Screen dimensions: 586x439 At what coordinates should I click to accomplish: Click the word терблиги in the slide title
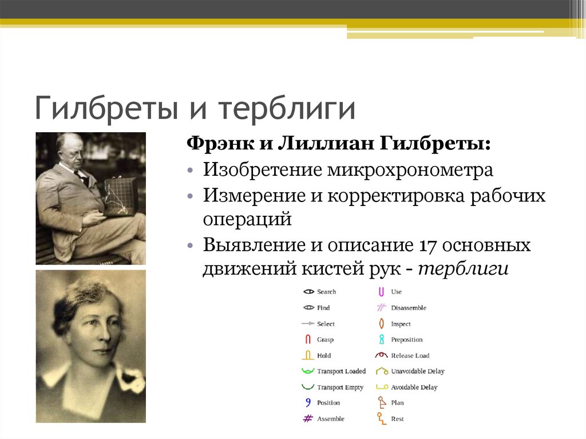click(x=287, y=108)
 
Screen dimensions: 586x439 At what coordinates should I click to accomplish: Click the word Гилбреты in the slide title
click(x=106, y=108)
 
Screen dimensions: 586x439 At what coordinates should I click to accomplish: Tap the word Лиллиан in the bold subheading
click(x=326, y=143)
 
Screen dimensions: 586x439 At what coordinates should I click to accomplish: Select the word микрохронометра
click(x=410, y=170)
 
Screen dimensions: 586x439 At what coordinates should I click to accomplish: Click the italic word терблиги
click(x=464, y=269)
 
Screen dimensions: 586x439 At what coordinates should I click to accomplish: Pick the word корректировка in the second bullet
click(x=396, y=196)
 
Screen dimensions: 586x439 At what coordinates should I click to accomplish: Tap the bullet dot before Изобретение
click(x=191, y=171)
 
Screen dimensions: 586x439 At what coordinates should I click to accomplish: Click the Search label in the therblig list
click(x=326, y=292)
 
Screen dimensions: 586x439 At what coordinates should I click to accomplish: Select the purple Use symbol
click(x=381, y=292)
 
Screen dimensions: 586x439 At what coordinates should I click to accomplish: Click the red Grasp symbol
click(x=308, y=339)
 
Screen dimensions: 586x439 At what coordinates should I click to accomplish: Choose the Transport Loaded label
click(x=341, y=371)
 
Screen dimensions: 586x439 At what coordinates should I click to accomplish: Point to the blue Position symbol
click(x=308, y=402)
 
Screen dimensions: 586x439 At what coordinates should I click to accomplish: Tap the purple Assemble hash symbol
click(x=307, y=418)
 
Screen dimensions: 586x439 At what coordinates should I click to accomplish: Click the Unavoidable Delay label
click(x=417, y=371)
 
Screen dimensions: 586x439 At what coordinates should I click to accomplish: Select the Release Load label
click(x=410, y=355)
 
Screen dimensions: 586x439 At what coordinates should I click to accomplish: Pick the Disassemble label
click(x=409, y=308)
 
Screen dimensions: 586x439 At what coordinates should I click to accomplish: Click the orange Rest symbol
click(x=381, y=418)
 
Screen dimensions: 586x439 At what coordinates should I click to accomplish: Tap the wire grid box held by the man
click(x=120, y=196)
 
